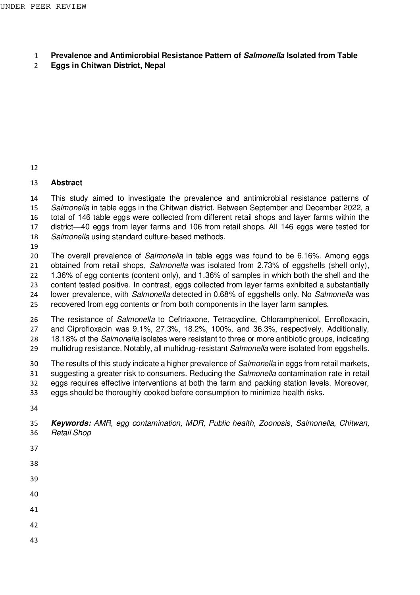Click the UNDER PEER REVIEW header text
(x=43, y=7)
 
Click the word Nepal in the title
(x=155, y=66)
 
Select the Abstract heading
(x=67, y=183)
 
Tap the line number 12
(x=34, y=168)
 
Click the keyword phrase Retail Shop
(x=71, y=433)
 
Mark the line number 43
(x=34, y=540)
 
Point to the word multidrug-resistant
(x=197, y=349)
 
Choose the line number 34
(x=34, y=408)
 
